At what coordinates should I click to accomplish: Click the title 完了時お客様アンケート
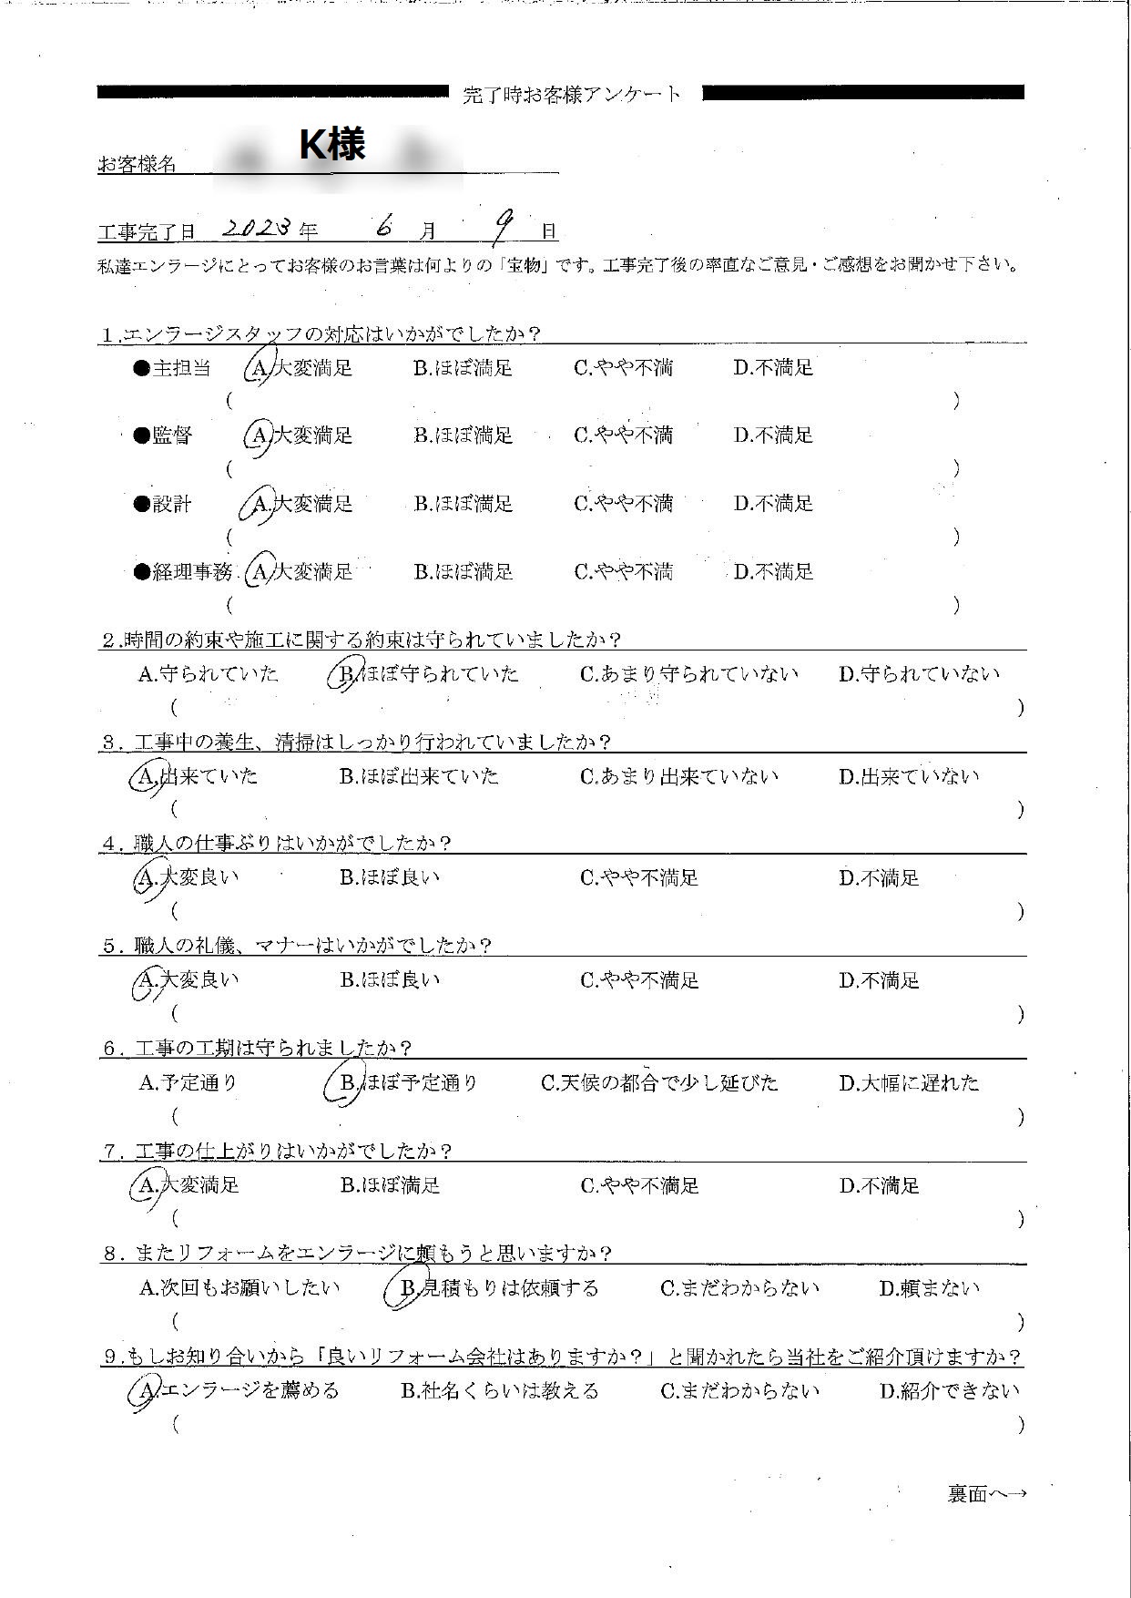tap(571, 94)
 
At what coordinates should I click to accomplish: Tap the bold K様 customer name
tap(333, 144)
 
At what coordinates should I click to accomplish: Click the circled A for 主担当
tap(260, 368)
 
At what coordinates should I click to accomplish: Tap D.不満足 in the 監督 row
tap(773, 435)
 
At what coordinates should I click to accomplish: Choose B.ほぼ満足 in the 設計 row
tap(463, 504)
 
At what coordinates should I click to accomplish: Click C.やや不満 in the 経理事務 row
tap(623, 572)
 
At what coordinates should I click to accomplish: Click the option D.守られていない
tap(918, 674)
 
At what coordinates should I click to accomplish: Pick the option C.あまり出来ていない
tap(679, 776)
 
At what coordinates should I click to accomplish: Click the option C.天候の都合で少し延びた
tap(659, 1083)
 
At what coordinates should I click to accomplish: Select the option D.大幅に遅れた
tap(908, 1083)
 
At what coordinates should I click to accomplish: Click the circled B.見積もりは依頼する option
tap(493, 1288)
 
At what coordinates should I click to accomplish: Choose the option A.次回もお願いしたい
tap(239, 1288)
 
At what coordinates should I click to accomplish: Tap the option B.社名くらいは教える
tap(499, 1390)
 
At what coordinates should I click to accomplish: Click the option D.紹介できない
tap(949, 1390)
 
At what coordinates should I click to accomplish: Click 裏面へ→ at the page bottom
tap(986, 1493)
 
